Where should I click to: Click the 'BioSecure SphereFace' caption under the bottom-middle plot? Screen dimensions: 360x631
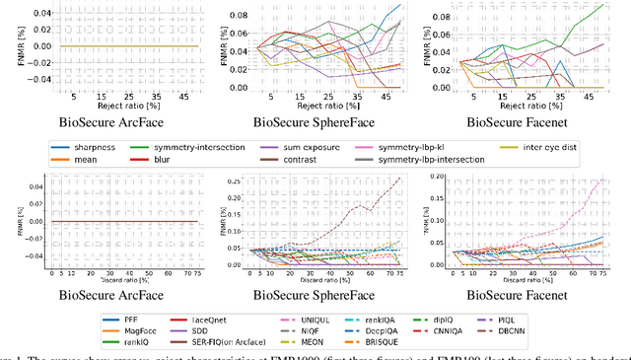coord(316,294)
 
